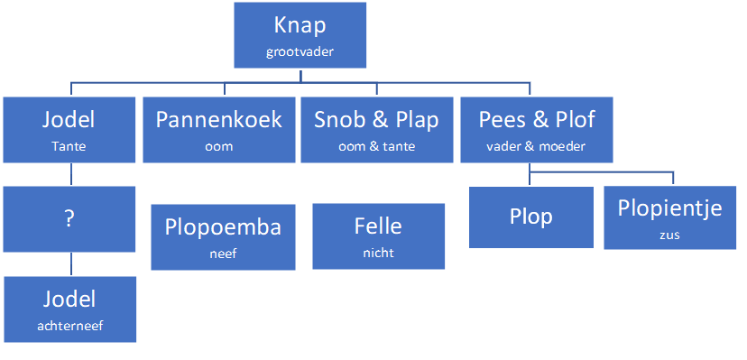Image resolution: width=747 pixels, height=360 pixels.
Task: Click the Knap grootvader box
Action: tap(300, 34)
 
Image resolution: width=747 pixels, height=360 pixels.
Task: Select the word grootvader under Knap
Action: tap(300, 51)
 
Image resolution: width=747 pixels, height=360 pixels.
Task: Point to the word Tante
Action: tap(69, 145)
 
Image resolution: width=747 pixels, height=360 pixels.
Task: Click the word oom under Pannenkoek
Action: tap(218, 145)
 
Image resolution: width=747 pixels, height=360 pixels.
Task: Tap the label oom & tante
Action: tap(376, 145)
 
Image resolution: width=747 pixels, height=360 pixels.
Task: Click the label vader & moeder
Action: tap(537, 145)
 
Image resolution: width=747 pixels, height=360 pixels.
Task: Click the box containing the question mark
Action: tap(69, 218)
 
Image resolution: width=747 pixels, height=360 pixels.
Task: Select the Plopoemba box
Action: tap(222, 236)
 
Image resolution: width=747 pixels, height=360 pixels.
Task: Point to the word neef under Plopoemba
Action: tap(222, 254)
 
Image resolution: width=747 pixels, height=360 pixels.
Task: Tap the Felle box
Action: tap(378, 236)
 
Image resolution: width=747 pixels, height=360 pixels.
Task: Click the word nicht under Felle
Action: tap(378, 254)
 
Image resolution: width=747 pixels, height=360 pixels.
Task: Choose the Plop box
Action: tap(530, 217)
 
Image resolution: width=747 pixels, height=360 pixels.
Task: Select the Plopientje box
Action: tap(670, 217)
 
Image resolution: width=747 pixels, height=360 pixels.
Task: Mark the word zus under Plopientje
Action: tap(670, 235)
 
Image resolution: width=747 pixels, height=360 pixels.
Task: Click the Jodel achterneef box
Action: tap(69, 309)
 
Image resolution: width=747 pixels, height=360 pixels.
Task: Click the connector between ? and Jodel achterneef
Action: tap(69, 263)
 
